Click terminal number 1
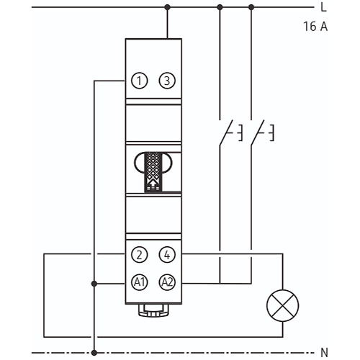click(x=140, y=81)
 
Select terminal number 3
click(x=167, y=81)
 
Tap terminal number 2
click(x=140, y=255)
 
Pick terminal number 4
click(x=167, y=255)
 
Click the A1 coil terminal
click(x=140, y=282)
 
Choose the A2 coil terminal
click(x=167, y=282)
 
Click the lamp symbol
click(x=283, y=305)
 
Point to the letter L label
click(x=323, y=7)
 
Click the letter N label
click(x=324, y=353)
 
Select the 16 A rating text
click(x=315, y=27)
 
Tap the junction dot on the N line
click(x=94, y=353)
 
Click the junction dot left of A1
click(x=94, y=284)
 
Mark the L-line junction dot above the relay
click(x=168, y=7)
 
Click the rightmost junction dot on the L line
click(x=251, y=7)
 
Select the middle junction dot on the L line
click(x=220, y=7)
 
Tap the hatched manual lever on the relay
click(x=153, y=172)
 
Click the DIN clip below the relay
click(x=153, y=310)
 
